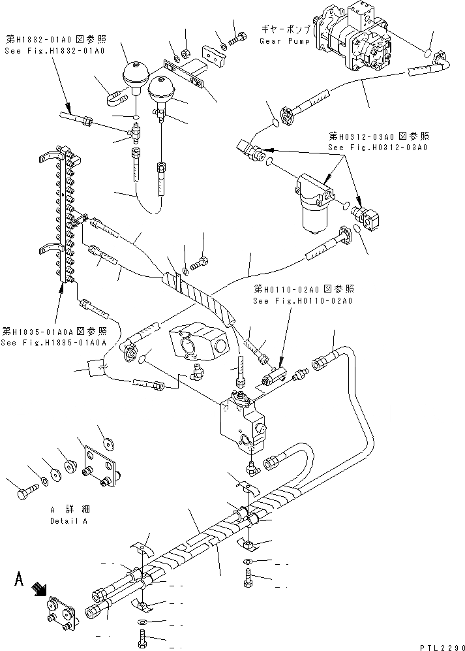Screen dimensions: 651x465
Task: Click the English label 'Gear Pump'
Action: tap(278, 40)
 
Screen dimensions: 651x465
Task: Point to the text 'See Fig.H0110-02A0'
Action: tap(303, 301)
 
